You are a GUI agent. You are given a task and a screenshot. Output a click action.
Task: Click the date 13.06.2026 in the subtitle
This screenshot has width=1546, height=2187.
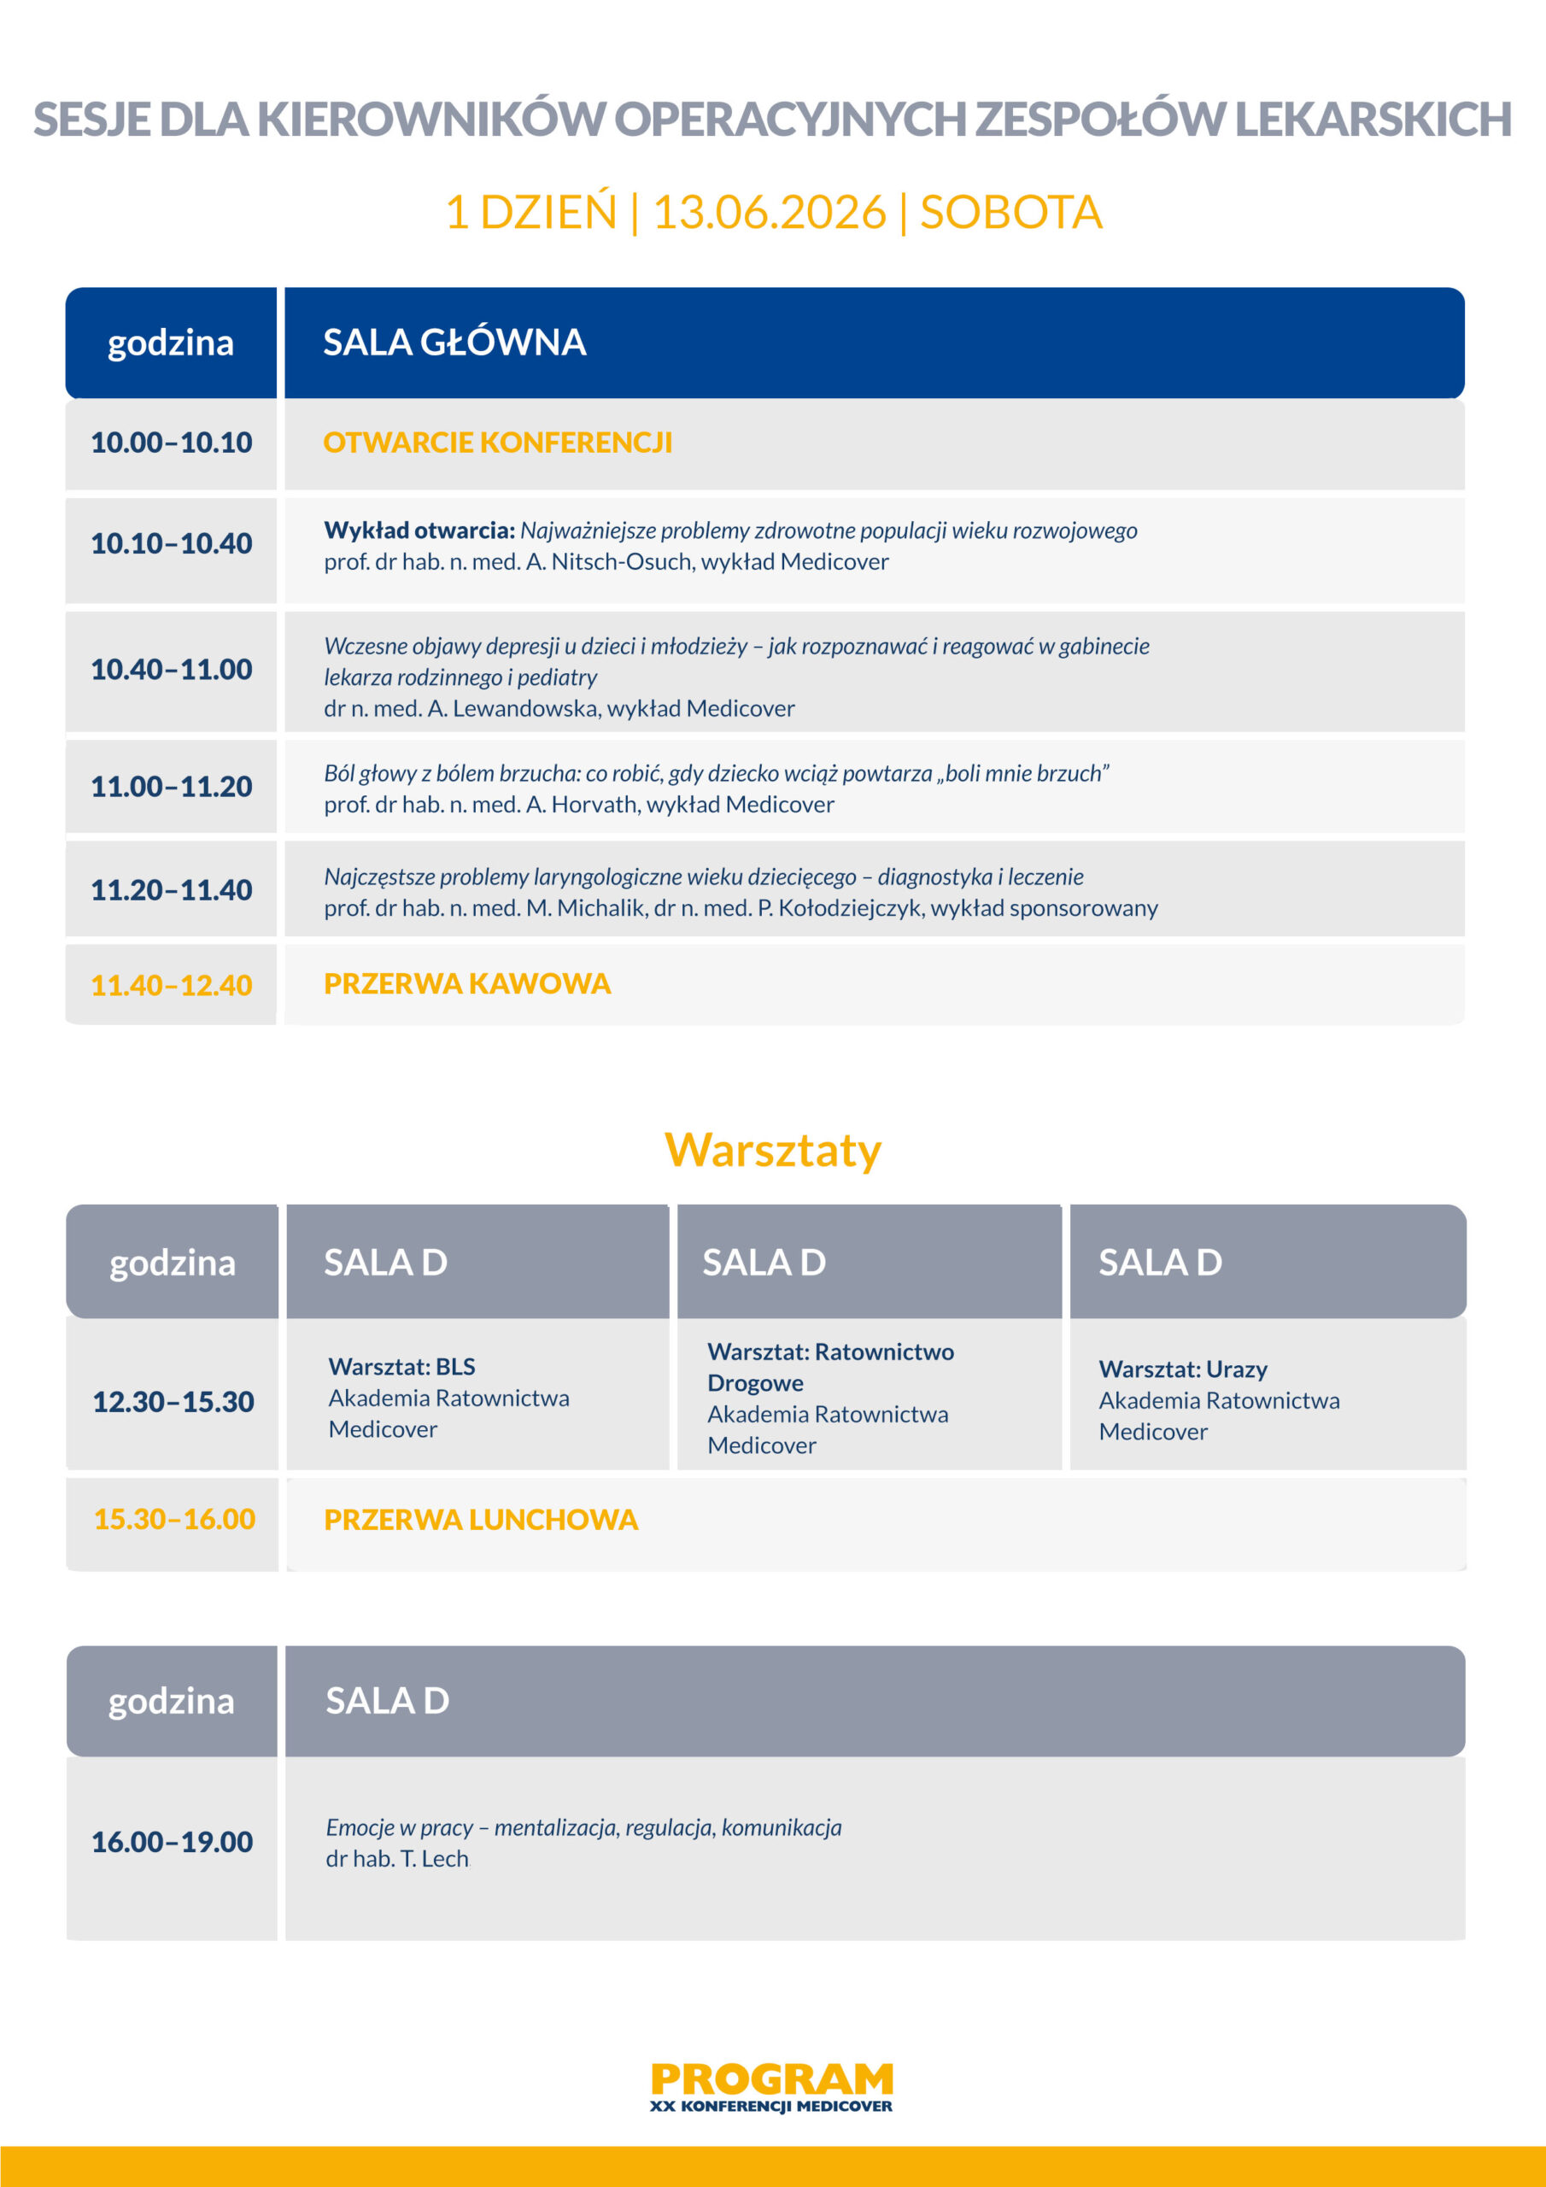pos(769,212)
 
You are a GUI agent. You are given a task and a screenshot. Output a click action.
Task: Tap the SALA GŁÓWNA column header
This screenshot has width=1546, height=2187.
pos(454,343)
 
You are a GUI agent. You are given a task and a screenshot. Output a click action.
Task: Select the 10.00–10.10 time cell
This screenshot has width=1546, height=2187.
pos(172,443)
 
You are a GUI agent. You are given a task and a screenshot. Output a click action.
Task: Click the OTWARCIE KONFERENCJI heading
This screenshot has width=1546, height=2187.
pos(497,443)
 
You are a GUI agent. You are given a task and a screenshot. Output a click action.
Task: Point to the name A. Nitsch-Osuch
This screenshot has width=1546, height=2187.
pos(609,562)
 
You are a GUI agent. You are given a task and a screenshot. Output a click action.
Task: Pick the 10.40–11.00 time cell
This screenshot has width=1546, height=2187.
pos(172,670)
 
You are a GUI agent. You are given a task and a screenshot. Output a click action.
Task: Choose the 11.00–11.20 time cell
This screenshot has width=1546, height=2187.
pos(172,787)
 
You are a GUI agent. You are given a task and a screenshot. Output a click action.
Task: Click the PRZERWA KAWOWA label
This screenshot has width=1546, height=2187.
pos(466,984)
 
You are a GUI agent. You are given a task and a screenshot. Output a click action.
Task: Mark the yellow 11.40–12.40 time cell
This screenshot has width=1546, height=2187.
pos(172,985)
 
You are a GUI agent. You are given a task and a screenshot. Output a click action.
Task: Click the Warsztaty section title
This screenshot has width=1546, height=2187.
pos(772,1150)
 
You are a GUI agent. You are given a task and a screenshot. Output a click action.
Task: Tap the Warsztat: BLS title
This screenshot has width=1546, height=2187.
pos(401,1367)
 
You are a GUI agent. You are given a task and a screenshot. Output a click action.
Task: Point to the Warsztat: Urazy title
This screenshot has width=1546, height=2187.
pos(1182,1369)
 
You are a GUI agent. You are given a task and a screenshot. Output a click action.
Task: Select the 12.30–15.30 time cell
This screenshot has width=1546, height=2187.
pos(173,1402)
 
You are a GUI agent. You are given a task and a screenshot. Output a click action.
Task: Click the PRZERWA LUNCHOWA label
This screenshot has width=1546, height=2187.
pos(480,1521)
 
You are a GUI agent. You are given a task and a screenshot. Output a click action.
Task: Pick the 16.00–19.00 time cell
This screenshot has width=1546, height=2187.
pos(173,1842)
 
